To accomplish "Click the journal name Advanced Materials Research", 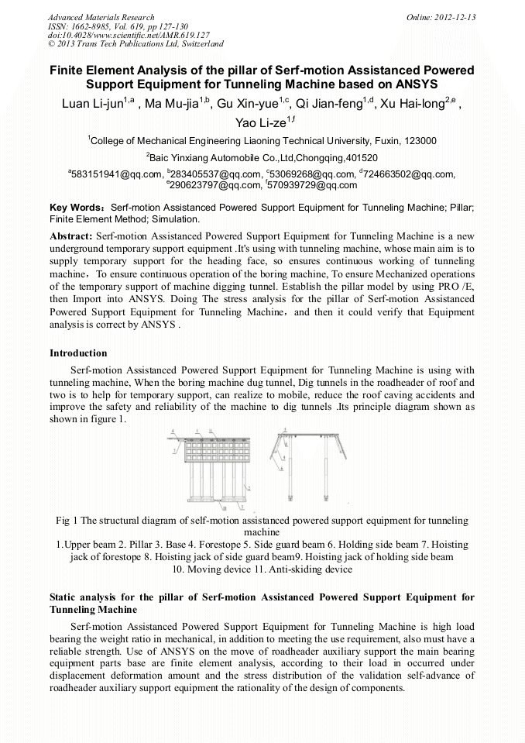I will coord(101,17).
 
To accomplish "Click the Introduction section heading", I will coord(78,353).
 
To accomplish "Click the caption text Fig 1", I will coord(66,521).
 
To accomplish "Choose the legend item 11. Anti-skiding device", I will coord(310,569).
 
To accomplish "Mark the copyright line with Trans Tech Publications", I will coord(136,45).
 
